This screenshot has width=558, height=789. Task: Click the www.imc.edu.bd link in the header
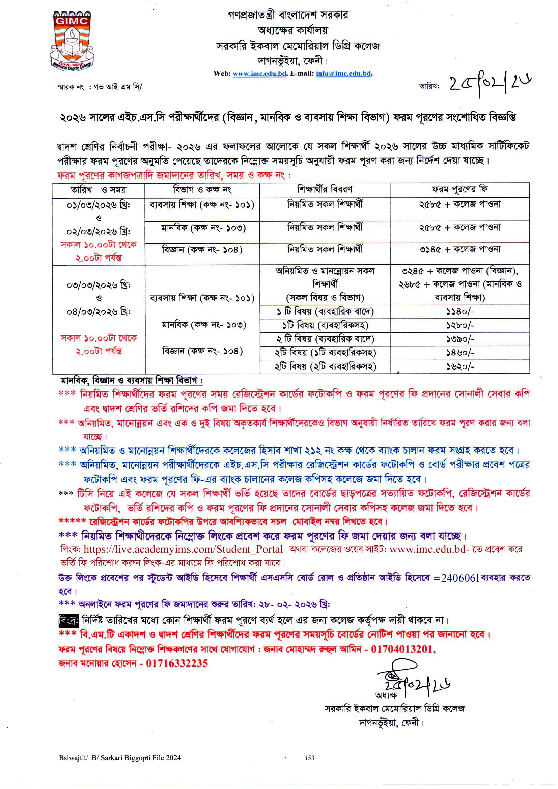(259, 73)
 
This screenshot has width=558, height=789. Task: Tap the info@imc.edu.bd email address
(343, 73)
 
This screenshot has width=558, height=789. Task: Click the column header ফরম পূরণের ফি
(459, 189)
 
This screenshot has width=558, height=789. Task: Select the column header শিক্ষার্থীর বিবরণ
(324, 189)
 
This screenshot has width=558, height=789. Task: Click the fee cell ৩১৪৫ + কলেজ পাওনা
(459, 249)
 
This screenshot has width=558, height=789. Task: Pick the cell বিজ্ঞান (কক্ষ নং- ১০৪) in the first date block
(202, 250)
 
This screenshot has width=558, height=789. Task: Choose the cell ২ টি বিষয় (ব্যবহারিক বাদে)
(325, 339)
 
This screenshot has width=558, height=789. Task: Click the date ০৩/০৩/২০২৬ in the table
(98, 285)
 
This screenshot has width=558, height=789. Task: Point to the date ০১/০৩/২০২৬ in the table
(98, 205)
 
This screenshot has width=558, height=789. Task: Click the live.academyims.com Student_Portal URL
(183, 549)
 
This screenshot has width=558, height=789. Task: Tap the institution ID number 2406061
(460, 578)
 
